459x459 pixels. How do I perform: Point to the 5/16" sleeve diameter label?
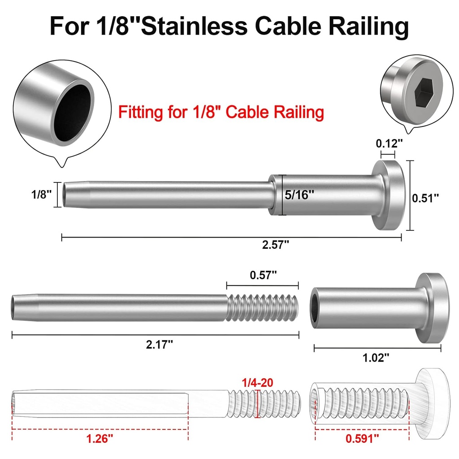(300, 195)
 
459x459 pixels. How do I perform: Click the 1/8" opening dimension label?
(42, 195)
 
